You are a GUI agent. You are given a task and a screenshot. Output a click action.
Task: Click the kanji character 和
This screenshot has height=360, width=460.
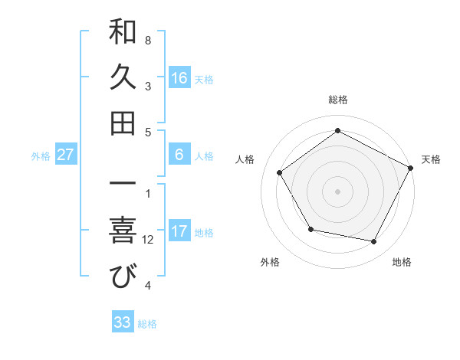[x=123, y=34]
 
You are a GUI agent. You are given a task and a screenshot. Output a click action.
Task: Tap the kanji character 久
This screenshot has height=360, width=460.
[x=123, y=79]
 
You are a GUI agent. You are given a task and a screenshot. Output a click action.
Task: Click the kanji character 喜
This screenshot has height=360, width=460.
[x=123, y=232]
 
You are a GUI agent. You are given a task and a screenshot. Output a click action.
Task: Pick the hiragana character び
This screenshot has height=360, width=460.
[x=123, y=277]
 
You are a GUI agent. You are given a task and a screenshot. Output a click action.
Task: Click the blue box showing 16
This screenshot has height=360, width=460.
[x=179, y=78]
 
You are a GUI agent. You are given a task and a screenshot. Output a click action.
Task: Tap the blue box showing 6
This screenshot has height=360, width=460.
[x=179, y=155]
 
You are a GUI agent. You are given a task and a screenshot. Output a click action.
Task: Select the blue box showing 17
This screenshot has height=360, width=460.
[x=179, y=231]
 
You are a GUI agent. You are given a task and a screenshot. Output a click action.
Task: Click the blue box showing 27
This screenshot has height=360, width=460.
[x=66, y=155]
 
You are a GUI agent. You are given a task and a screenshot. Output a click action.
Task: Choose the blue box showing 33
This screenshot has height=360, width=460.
[x=123, y=322]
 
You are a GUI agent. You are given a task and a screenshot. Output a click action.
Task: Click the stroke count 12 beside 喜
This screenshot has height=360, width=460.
[x=148, y=240]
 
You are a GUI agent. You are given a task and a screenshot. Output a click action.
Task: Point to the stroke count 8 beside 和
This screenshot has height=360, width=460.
[x=148, y=40]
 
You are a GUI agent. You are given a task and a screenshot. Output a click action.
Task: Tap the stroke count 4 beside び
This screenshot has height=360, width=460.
[x=148, y=286]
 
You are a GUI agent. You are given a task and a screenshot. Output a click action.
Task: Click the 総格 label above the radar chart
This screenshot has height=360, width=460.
[x=338, y=100]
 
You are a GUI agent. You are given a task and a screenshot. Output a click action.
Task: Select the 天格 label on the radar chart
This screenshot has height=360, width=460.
[x=432, y=159]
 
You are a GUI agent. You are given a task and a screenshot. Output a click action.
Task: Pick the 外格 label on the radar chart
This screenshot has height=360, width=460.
[x=270, y=262]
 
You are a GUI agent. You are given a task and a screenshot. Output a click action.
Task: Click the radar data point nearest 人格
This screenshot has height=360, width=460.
[x=280, y=172]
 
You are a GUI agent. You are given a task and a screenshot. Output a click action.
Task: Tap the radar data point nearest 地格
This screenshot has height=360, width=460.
[x=374, y=242]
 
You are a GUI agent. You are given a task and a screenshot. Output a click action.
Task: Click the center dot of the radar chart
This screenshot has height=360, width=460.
[x=338, y=191]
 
